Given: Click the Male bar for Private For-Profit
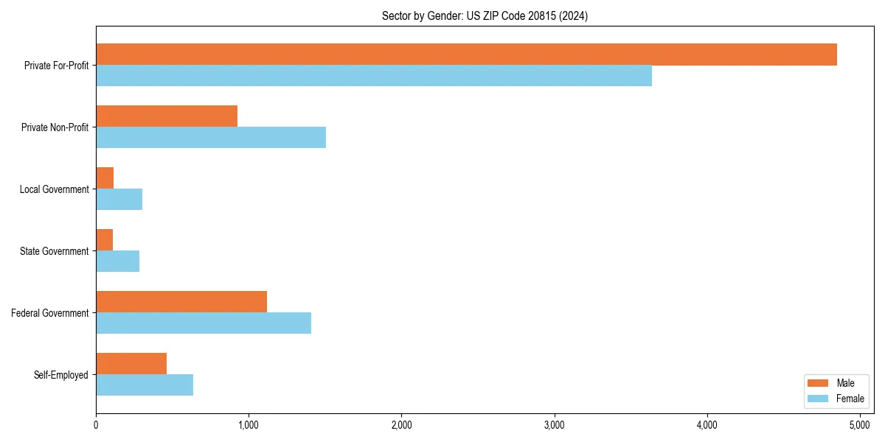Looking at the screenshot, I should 466,55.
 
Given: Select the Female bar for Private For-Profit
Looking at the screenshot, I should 374,76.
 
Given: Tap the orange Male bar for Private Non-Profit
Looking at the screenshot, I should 167,116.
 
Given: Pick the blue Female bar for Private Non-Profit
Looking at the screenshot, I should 211,138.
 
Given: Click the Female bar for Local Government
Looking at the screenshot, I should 119,200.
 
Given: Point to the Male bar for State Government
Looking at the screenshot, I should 104,240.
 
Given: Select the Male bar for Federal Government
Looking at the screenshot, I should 181,302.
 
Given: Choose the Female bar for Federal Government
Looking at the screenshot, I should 204,323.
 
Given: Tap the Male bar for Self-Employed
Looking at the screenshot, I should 131,364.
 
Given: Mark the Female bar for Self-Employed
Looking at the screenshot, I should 145,385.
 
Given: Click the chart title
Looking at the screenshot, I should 485,15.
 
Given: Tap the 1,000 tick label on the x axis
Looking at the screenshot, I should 249,425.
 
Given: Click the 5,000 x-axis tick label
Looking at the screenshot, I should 860,425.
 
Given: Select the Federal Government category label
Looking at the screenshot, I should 49,313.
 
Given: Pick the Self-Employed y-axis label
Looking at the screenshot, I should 60,375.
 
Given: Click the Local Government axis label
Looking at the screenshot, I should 54,189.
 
